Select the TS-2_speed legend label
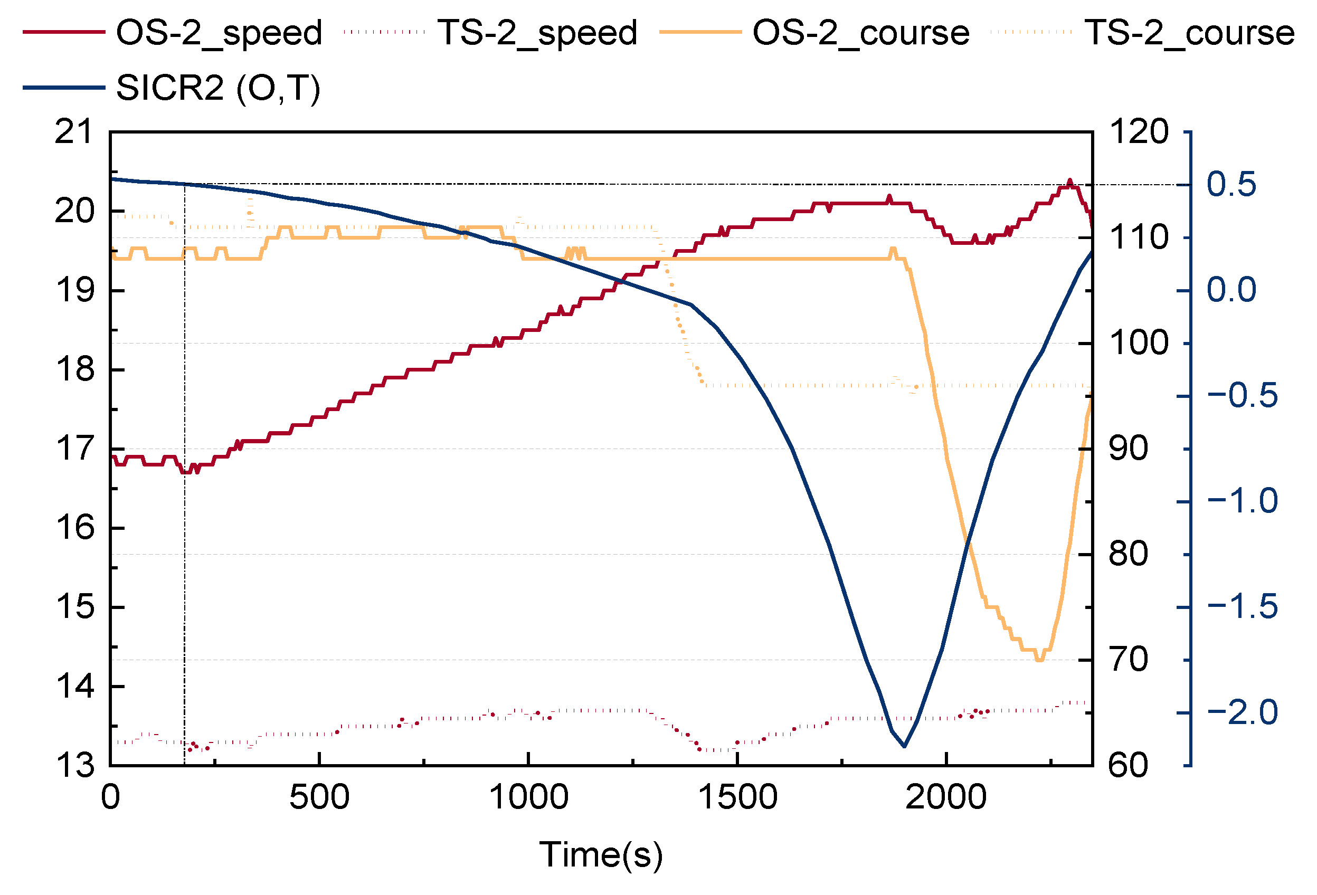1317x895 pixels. click(537, 32)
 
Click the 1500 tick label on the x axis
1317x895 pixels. click(737, 797)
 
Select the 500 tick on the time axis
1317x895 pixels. click(319, 797)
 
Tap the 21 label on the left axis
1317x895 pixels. click(74, 132)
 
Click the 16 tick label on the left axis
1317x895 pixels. click(74, 528)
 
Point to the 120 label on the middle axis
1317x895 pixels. click(1138, 132)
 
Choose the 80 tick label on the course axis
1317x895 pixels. click(1127, 554)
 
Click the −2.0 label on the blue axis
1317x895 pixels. click(1242, 712)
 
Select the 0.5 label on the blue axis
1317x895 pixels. click(1231, 185)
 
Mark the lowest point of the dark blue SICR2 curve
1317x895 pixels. click(904, 746)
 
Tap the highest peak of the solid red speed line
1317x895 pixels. click(1069, 181)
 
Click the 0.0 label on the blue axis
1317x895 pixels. click(1231, 290)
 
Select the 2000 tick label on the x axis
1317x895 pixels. click(946, 797)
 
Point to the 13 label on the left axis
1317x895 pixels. click(74, 765)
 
